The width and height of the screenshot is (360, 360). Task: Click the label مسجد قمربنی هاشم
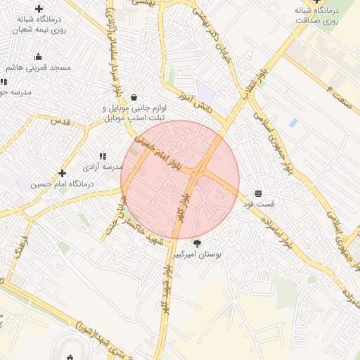coord(38,67)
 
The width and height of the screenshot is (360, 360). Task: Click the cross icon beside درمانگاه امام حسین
coord(63,173)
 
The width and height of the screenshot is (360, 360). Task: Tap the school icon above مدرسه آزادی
coord(103,156)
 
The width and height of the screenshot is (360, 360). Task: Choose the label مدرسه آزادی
coord(103,167)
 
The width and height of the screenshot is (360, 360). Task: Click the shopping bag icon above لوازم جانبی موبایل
coord(134,98)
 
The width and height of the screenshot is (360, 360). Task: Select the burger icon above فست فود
coord(258,193)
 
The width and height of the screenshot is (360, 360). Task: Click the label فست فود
coord(258,204)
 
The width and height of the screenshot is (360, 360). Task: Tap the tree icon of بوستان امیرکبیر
coord(197,244)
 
